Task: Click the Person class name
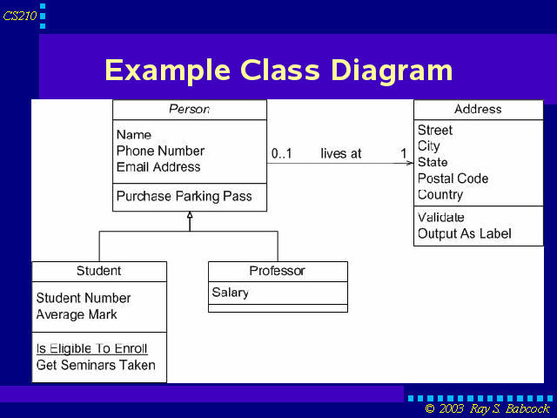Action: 190,109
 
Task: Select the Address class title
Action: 478,109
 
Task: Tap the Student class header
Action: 98,271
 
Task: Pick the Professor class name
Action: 277,271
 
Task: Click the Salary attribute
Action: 230,293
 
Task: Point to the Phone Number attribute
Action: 160,151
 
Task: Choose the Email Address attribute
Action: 158,166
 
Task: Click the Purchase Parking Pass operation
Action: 184,196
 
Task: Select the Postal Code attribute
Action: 453,178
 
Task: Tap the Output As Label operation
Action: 465,233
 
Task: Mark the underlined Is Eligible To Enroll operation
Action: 91,348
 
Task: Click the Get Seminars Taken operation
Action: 96,365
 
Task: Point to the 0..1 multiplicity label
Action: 282,153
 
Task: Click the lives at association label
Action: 341,153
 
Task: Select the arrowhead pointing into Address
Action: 410,163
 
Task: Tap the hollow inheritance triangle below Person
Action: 190,215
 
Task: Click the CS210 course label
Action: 20,16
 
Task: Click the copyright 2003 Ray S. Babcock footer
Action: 487,408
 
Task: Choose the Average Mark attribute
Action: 77,314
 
